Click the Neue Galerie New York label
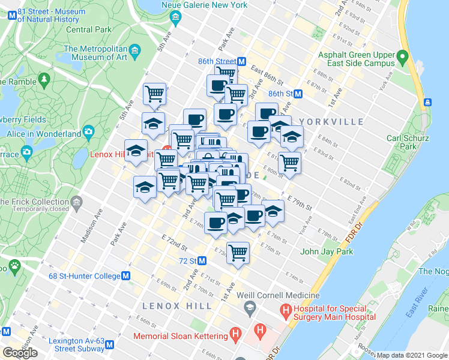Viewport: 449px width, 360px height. (x=204, y=5)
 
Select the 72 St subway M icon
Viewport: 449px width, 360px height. (x=202, y=261)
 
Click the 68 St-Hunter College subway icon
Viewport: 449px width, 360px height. (x=126, y=276)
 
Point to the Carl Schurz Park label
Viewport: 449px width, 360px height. (x=408, y=142)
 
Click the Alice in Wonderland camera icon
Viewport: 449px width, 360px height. (x=89, y=131)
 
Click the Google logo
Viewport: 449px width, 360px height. (x=20, y=353)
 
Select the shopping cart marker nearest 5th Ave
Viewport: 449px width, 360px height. (x=155, y=93)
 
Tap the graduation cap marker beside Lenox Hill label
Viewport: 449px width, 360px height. (x=136, y=151)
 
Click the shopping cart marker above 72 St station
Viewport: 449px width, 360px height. (x=238, y=253)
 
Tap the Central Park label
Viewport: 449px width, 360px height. (x=88, y=29)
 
